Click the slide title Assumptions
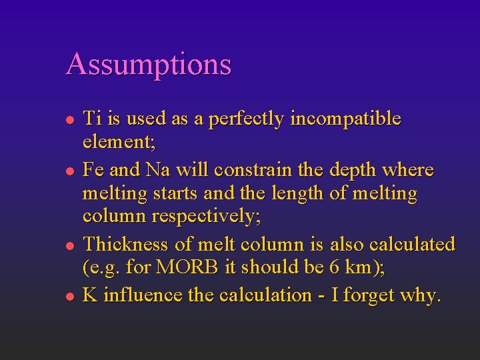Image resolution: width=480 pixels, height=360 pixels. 149,65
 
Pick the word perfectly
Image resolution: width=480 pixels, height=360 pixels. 247,119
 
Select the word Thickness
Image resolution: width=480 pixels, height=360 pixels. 129,244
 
